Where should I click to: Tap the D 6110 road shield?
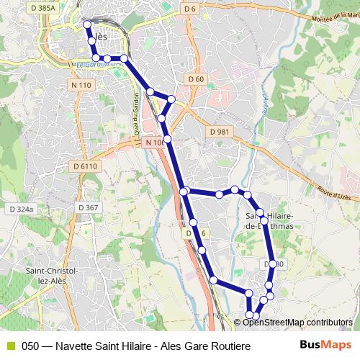(x=85, y=166)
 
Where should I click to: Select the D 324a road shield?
(x=22, y=209)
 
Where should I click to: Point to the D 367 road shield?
(x=86, y=208)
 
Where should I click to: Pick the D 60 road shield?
(x=195, y=78)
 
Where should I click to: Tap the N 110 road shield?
(x=81, y=85)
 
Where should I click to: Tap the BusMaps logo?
(x=320, y=346)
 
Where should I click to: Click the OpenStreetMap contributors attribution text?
(x=297, y=323)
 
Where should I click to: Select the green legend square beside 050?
(x=10, y=346)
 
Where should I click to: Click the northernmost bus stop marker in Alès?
(x=88, y=24)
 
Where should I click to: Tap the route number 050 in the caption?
(x=30, y=346)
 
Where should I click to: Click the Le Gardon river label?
(x=97, y=65)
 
